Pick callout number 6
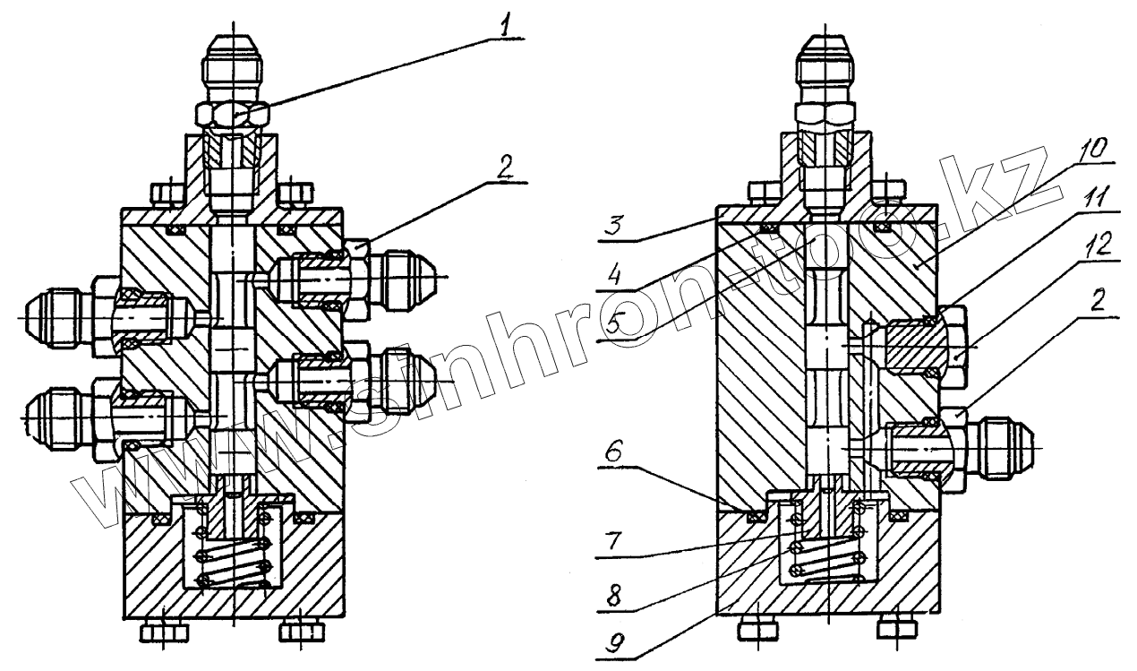[x=615, y=453]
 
